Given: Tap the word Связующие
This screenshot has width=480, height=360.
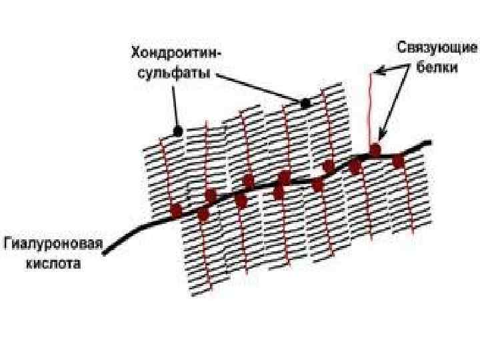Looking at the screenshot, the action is [x=437, y=49].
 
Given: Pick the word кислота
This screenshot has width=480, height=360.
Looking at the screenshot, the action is [x=54, y=263].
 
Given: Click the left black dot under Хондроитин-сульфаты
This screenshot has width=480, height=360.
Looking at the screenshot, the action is [x=177, y=132].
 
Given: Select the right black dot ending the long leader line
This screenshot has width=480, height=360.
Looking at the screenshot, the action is [x=305, y=103].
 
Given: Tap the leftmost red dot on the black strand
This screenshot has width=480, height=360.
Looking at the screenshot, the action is [x=176, y=211].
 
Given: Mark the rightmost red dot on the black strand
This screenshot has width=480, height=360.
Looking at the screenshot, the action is [x=398, y=161].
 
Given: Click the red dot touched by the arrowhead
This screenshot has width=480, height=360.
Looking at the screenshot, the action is [x=375, y=150].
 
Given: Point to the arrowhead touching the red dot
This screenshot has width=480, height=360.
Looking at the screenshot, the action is [x=381, y=139].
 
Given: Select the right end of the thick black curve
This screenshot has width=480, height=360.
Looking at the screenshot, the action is [x=429, y=143].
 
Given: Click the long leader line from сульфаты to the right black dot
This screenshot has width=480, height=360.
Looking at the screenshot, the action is [x=260, y=89].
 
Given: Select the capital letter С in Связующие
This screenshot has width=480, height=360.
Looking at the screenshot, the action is [x=403, y=49].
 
